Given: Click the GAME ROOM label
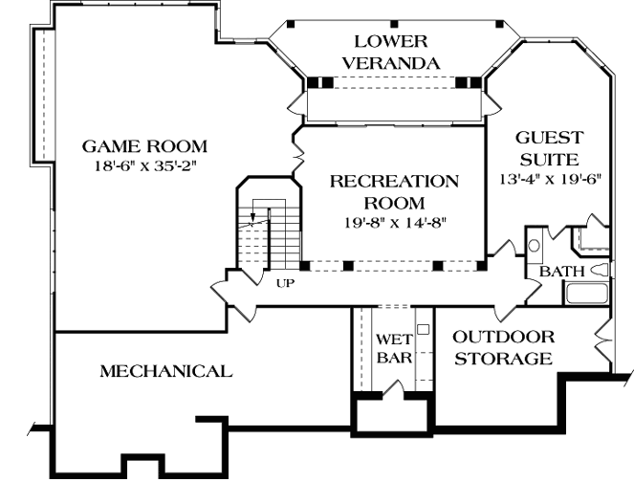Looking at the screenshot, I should click(143, 146).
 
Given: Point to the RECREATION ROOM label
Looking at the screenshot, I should click(394, 191).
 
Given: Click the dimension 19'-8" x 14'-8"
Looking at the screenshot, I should click(394, 223).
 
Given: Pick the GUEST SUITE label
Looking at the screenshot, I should click(548, 148).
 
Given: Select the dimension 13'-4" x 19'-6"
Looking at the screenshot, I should click(549, 179).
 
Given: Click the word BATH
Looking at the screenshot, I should click(561, 273).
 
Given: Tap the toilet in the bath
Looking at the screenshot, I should click(599, 272).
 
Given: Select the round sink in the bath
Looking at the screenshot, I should click(534, 245).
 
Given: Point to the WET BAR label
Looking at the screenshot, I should click(393, 348).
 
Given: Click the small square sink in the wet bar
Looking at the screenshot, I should click(422, 328).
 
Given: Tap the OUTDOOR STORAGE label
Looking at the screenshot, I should click(503, 348).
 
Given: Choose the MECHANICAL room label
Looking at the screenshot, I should click(165, 371).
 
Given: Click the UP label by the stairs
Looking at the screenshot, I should click(285, 284).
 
